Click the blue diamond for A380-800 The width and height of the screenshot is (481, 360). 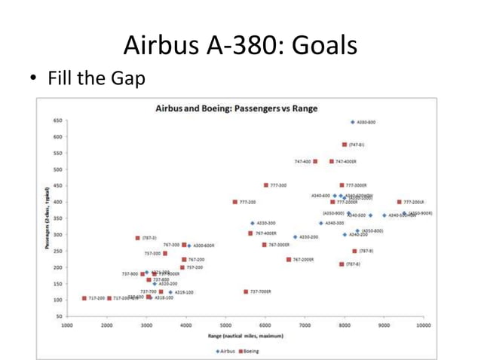click(352, 122)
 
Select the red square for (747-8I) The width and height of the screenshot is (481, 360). click(345, 145)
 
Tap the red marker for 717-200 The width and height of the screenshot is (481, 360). click(84, 298)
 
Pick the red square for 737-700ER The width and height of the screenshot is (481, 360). click(246, 291)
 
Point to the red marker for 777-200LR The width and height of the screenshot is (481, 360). click(399, 202)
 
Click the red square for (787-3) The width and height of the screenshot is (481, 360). click(138, 238)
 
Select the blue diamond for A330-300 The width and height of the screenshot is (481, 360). click(253, 223)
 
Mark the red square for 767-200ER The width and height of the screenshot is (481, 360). click(289, 259)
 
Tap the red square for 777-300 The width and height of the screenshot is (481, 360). click(266, 185)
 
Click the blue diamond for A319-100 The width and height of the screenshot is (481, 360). click(170, 292)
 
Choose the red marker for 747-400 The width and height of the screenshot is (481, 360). click(315, 161)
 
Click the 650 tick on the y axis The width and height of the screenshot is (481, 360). click(57, 121)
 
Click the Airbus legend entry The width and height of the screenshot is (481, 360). click(225, 351)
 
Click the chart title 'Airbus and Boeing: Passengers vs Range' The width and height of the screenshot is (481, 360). click(236, 108)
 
